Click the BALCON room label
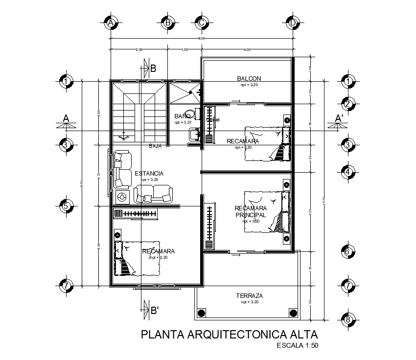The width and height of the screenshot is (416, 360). click(x=249, y=78)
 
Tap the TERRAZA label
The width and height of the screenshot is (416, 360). click(x=250, y=296)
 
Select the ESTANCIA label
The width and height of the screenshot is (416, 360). click(x=149, y=173)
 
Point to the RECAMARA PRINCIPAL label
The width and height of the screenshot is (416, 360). click(x=250, y=211)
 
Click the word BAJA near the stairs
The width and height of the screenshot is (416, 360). click(x=156, y=146)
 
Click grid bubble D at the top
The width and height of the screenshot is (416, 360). click(x=293, y=22)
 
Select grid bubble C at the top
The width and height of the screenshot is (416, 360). click(x=202, y=22)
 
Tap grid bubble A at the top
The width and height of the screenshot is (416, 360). click(x=112, y=22)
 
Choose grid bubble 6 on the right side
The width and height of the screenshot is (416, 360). click(x=347, y=252)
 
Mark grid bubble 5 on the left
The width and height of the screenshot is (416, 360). click(x=66, y=206)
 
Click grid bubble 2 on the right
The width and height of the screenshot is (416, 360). click(x=347, y=104)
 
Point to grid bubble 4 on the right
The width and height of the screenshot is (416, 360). click(x=347, y=172)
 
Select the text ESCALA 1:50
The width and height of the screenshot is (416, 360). click(x=297, y=346)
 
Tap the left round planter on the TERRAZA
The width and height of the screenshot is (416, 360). click(x=200, y=313)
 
